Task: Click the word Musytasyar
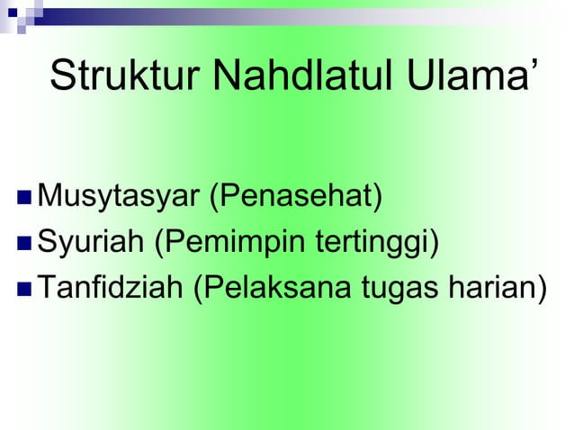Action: pyautogui.click(x=121, y=195)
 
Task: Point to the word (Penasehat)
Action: pyautogui.click(x=296, y=195)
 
